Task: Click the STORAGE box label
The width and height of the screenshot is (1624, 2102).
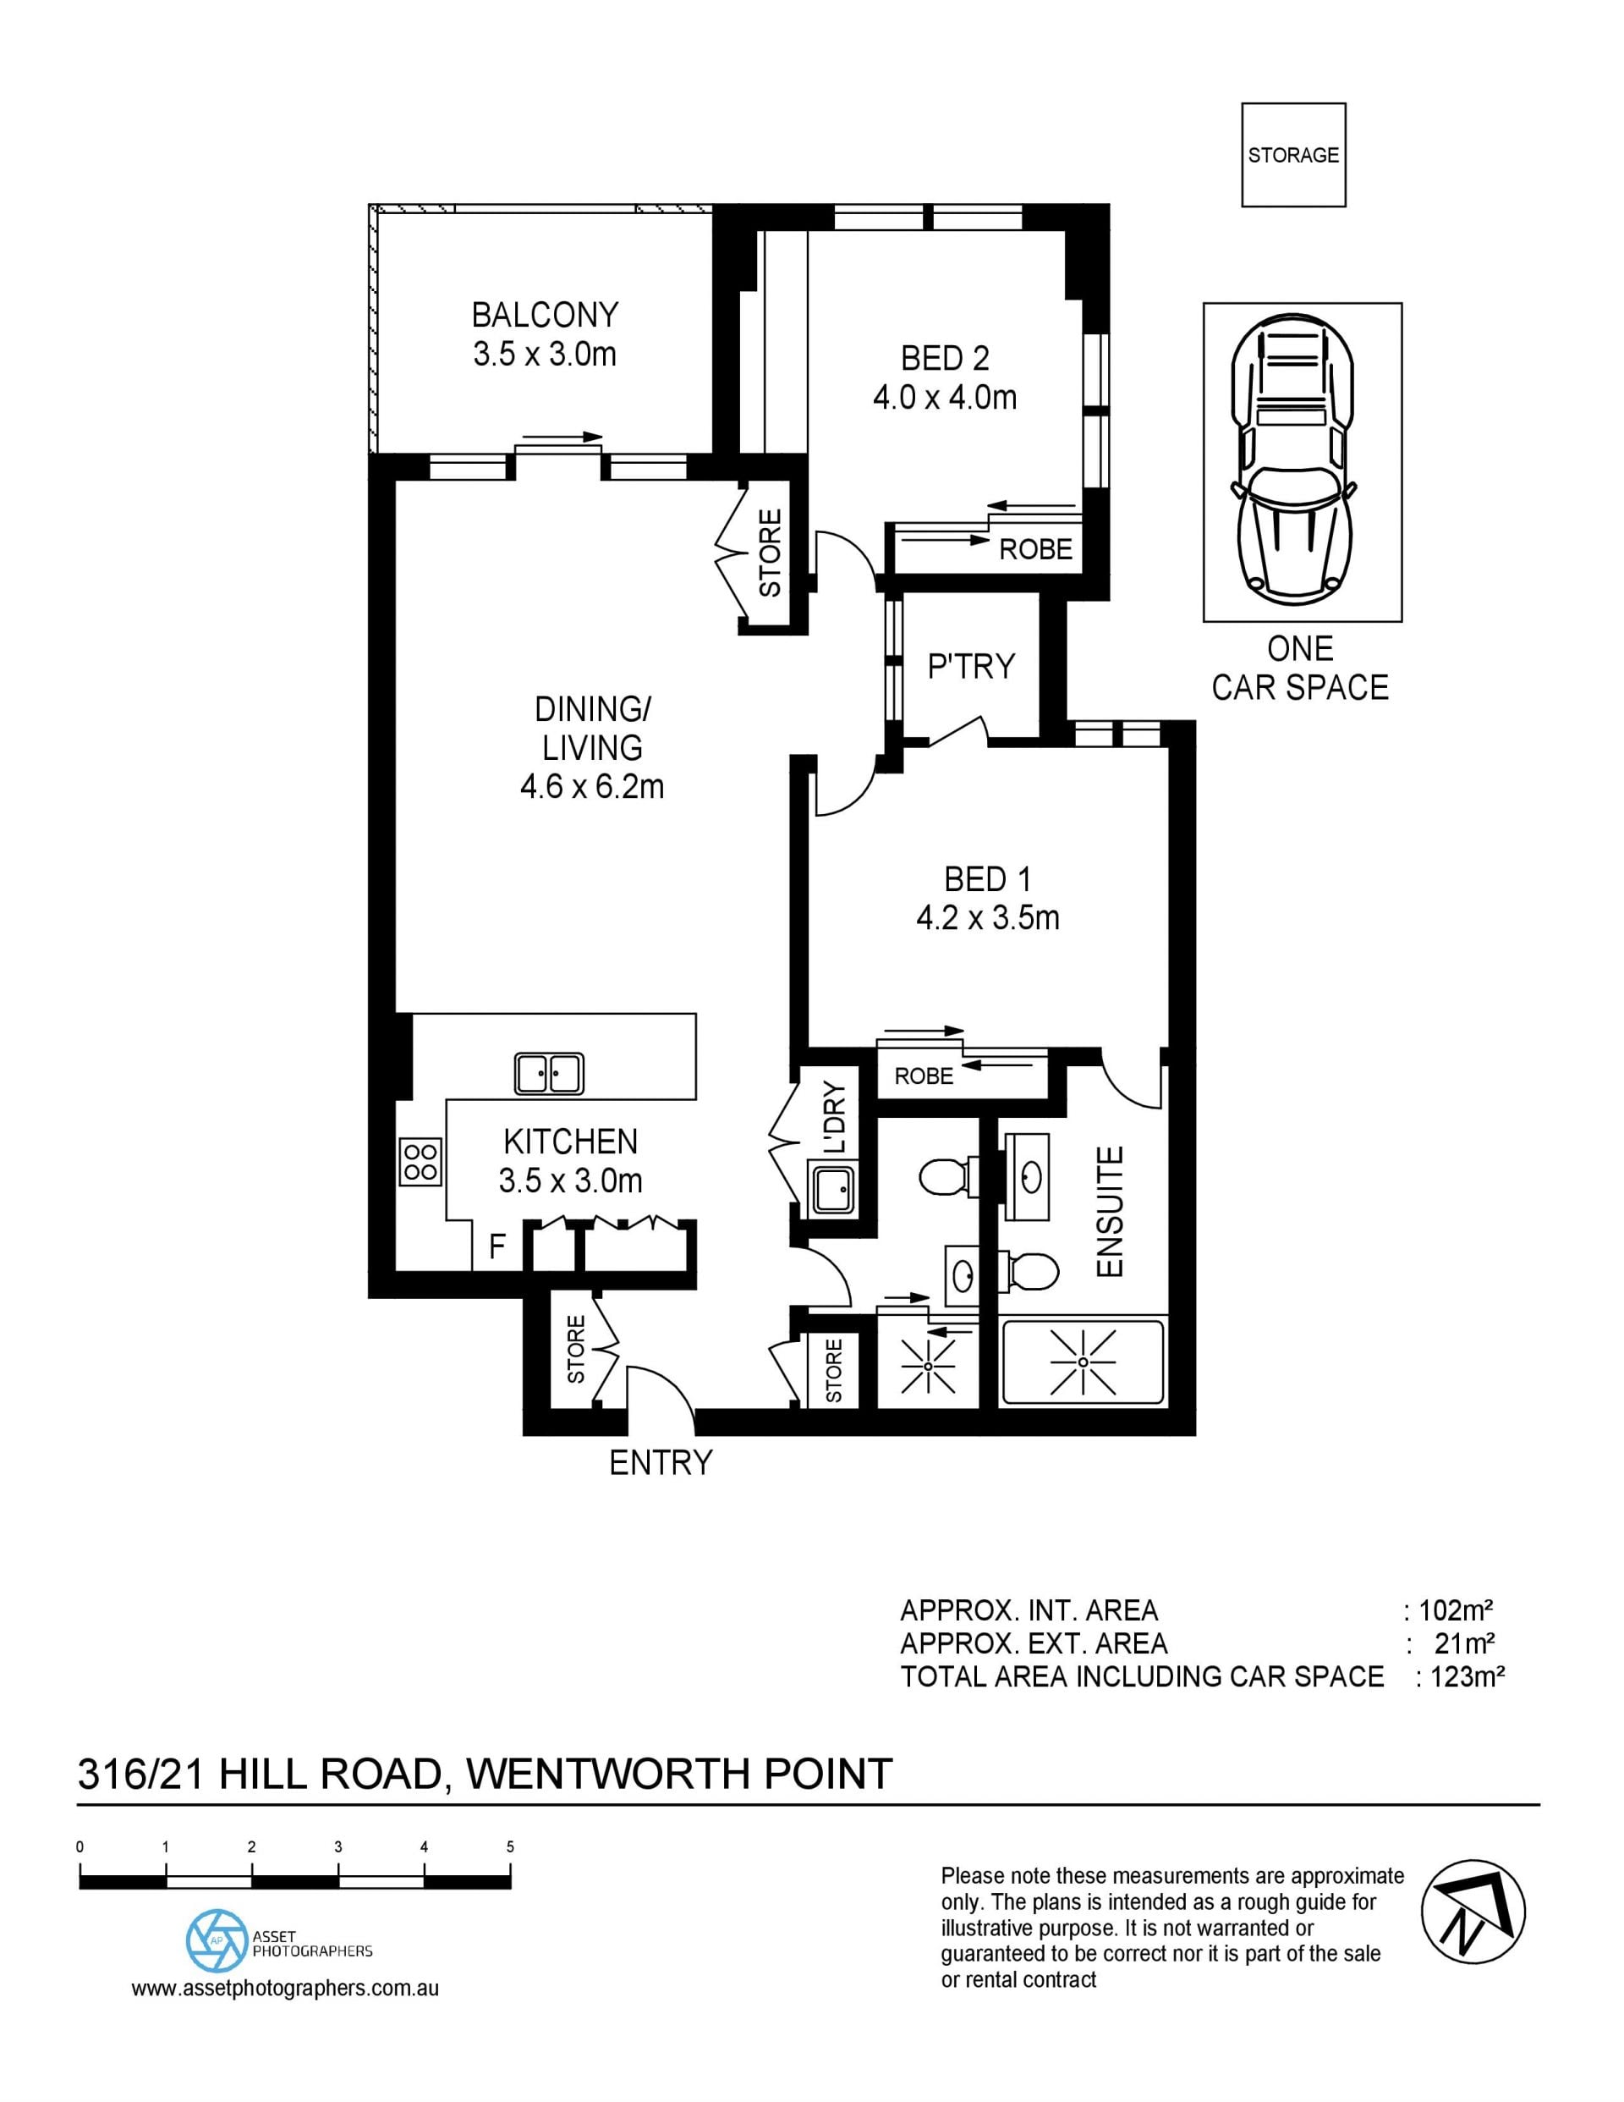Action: click(x=1293, y=155)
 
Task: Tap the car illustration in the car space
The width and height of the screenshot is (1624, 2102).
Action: click(x=1293, y=457)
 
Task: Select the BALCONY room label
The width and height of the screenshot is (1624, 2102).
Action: click(x=545, y=315)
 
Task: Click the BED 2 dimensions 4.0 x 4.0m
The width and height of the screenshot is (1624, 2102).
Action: click(x=945, y=398)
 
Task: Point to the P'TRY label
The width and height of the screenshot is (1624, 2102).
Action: click(x=971, y=666)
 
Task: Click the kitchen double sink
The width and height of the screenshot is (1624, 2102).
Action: click(x=548, y=1073)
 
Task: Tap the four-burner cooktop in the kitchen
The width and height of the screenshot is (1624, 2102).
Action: click(x=420, y=1161)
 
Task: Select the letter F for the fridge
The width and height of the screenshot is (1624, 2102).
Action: click(x=497, y=1247)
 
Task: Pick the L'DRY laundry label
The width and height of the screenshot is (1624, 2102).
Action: click(x=834, y=1119)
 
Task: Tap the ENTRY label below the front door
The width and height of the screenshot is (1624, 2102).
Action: click(x=661, y=1462)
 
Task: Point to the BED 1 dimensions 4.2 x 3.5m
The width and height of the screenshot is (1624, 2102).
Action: click(x=988, y=917)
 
